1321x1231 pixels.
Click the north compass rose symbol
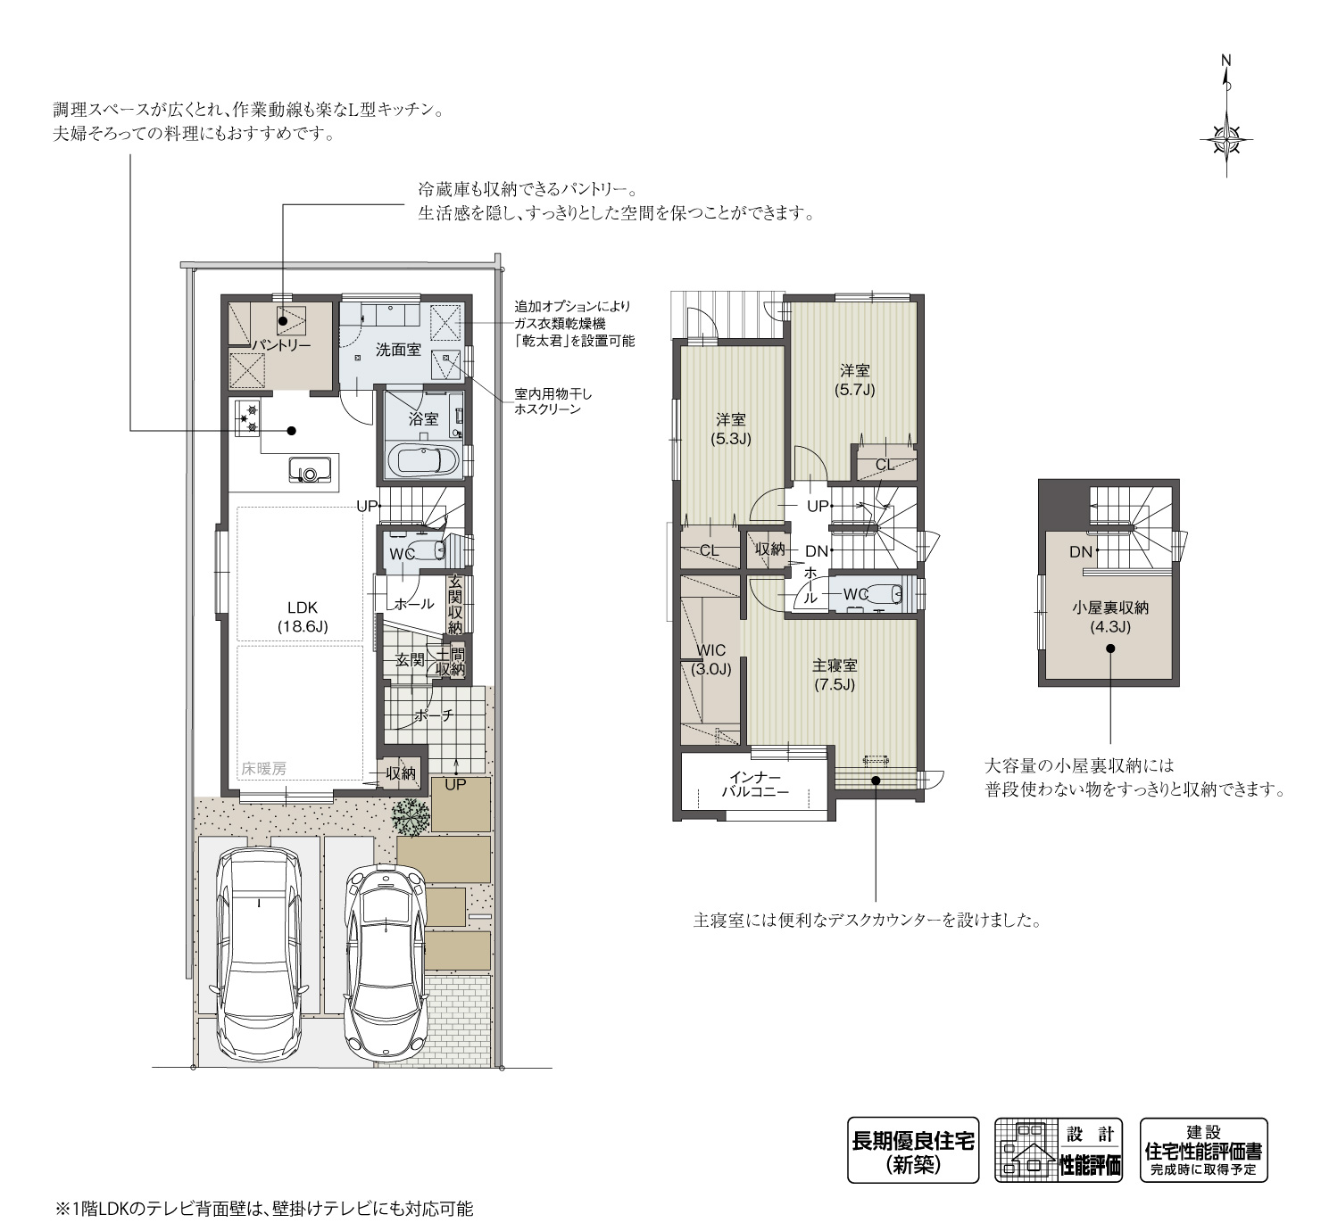click(x=1227, y=139)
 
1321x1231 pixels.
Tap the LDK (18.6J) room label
click(x=303, y=616)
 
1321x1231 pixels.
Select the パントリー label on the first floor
click(x=279, y=344)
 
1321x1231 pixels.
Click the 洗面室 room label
click(x=397, y=350)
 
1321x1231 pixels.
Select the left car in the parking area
click(x=258, y=952)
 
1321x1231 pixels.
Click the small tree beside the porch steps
click(x=410, y=816)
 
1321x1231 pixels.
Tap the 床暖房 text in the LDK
click(x=263, y=768)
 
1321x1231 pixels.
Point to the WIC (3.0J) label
click(x=710, y=659)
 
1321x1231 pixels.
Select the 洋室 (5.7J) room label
click(x=854, y=380)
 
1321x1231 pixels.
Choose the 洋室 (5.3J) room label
click(x=730, y=429)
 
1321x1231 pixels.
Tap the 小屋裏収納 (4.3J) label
click(x=1109, y=617)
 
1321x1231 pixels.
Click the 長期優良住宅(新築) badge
click(x=913, y=1151)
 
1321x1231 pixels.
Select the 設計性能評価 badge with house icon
click(x=1059, y=1151)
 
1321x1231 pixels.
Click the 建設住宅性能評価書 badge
click(x=1203, y=1151)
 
